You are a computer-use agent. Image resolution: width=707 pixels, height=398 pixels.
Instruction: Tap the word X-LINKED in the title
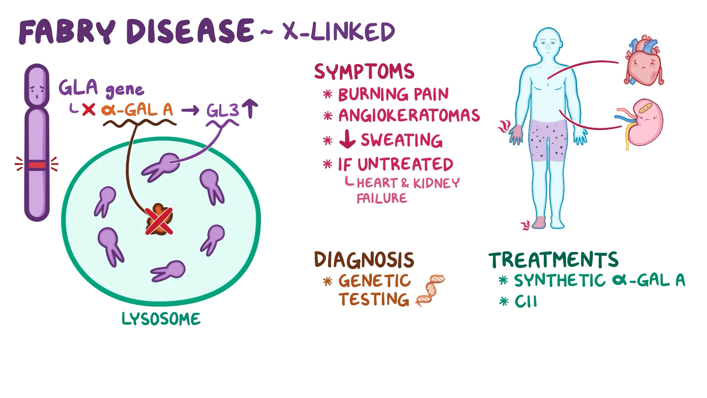coord(339,32)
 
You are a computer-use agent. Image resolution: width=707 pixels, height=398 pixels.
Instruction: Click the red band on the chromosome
coord(37,165)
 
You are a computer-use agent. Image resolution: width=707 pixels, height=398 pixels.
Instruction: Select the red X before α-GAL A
coord(89,109)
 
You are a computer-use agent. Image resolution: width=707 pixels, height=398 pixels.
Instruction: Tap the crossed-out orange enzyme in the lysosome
coord(159,220)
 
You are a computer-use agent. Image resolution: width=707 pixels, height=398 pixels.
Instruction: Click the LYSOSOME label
coord(161,319)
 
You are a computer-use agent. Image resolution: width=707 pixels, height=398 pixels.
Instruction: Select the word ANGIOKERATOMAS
coord(409,116)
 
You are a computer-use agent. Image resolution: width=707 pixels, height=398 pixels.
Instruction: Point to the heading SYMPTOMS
coord(364,71)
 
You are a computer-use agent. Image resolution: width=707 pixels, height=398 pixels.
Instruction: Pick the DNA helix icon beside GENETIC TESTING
coord(430,290)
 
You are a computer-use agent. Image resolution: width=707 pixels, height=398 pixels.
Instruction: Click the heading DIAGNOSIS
coord(364,260)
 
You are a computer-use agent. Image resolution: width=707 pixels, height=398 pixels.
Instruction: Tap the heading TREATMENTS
coord(553,260)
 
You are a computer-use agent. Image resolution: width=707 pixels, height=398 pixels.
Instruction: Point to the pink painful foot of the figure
coord(540,222)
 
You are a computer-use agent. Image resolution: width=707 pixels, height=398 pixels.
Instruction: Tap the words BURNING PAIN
coord(393,94)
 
